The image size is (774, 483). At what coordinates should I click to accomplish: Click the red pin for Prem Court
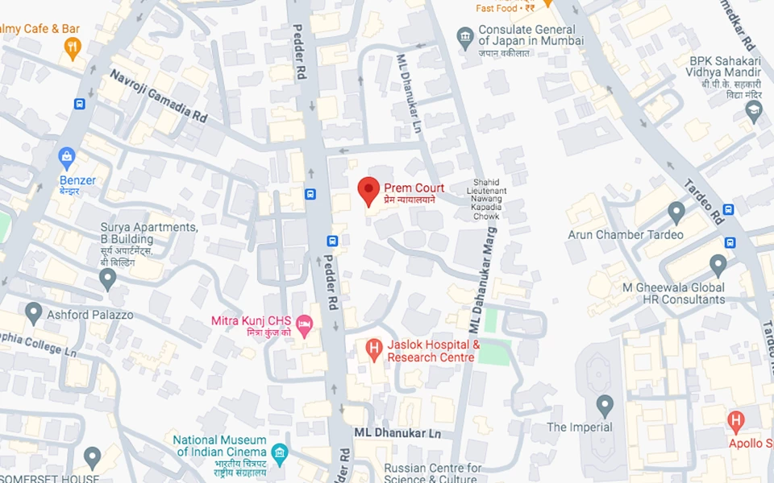tap(368, 191)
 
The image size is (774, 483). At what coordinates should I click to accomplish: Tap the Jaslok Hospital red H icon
tap(373, 349)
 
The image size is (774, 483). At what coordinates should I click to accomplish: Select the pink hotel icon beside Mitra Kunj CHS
tap(305, 326)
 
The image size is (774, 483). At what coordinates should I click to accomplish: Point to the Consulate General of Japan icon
tap(464, 37)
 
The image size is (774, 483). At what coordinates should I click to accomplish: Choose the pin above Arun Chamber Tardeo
tap(676, 212)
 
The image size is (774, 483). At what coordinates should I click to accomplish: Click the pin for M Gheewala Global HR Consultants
tap(718, 264)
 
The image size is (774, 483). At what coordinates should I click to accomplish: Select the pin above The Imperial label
tap(605, 405)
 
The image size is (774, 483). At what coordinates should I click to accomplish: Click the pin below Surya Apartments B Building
tap(107, 279)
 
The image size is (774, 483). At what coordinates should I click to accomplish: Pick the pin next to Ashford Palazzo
tap(33, 312)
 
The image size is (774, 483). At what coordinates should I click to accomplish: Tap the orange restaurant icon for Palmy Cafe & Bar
tap(73, 48)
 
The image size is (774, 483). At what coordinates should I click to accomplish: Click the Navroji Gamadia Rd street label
tap(158, 96)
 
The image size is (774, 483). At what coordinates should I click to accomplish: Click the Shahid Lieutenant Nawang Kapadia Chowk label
tap(487, 198)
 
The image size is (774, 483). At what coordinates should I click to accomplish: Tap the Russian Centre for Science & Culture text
tap(432, 473)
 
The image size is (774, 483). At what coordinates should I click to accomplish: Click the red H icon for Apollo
tap(734, 420)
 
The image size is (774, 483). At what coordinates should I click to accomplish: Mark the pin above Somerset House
tap(92, 457)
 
